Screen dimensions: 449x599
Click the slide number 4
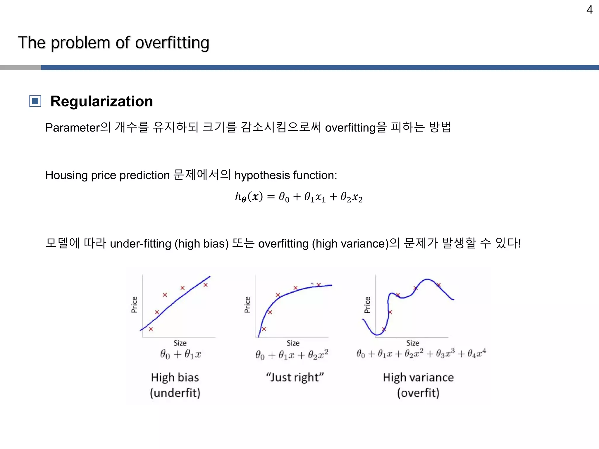(x=589, y=10)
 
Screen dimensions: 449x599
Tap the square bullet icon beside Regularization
(x=35, y=101)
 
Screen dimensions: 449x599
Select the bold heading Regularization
(x=101, y=101)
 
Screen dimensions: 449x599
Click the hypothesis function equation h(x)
(x=299, y=197)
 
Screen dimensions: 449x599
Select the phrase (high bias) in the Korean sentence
(x=202, y=244)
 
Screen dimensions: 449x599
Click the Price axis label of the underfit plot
(x=134, y=305)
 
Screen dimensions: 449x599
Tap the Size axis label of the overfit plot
(x=412, y=343)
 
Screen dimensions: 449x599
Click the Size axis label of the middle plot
(x=293, y=343)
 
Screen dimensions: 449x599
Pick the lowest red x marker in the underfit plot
(x=151, y=329)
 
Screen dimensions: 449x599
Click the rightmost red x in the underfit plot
(x=206, y=285)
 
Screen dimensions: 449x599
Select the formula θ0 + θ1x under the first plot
(x=180, y=354)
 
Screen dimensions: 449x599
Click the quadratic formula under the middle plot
(x=292, y=354)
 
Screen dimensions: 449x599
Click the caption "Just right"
(x=295, y=377)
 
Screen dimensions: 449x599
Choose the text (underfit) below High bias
(x=175, y=393)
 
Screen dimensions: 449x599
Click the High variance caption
(x=418, y=377)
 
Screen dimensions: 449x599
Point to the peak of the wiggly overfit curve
(x=427, y=279)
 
